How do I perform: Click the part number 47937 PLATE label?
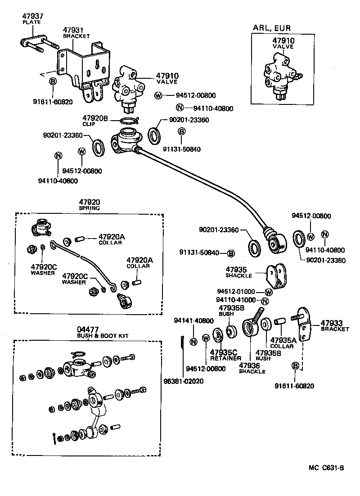coord(33,19)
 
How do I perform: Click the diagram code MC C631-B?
coord(326,468)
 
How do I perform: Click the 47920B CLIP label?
coord(95,120)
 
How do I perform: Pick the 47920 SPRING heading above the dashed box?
coord(90,205)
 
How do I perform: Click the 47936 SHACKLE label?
coord(252,368)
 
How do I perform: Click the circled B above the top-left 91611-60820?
coord(52,81)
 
